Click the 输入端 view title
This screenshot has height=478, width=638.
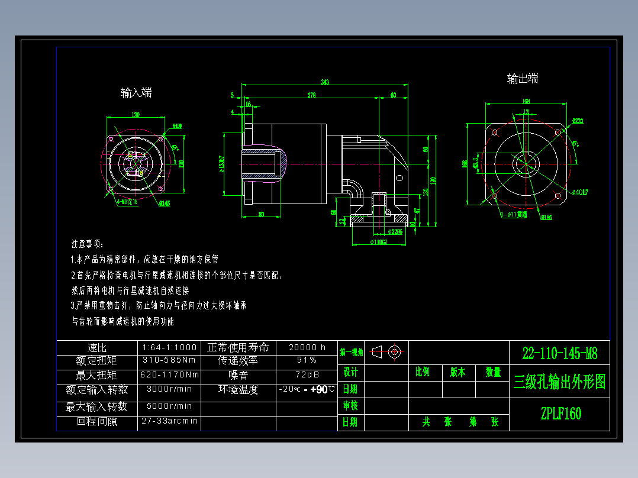pos(136,92)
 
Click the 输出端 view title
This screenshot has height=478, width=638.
pos(523,79)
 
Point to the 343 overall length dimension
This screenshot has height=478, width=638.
pos(325,82)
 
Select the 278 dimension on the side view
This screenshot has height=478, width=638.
pos(311,95)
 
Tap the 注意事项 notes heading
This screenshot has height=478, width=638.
pos(88,244)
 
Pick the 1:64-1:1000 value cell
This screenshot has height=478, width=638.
pos(169,347)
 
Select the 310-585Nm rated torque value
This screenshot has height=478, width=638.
pos(169,360)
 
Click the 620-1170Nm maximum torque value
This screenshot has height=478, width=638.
pos(169,374)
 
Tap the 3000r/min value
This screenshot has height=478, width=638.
pos(169,389)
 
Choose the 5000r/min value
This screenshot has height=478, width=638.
pos(169,406)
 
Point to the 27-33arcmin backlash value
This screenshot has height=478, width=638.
pos(169,421)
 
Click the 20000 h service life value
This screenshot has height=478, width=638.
pos(307,347)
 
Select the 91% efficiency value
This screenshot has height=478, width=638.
pos(307,360)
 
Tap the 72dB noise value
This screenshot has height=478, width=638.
pos(307,374)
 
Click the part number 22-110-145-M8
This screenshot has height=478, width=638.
pos(560,354)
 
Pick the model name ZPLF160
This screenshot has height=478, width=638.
pos(560,414)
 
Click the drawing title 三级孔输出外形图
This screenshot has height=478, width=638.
pos(560,382)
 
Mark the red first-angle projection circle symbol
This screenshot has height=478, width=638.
pos(395,351)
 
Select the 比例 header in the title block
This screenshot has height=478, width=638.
pos(423,372)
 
